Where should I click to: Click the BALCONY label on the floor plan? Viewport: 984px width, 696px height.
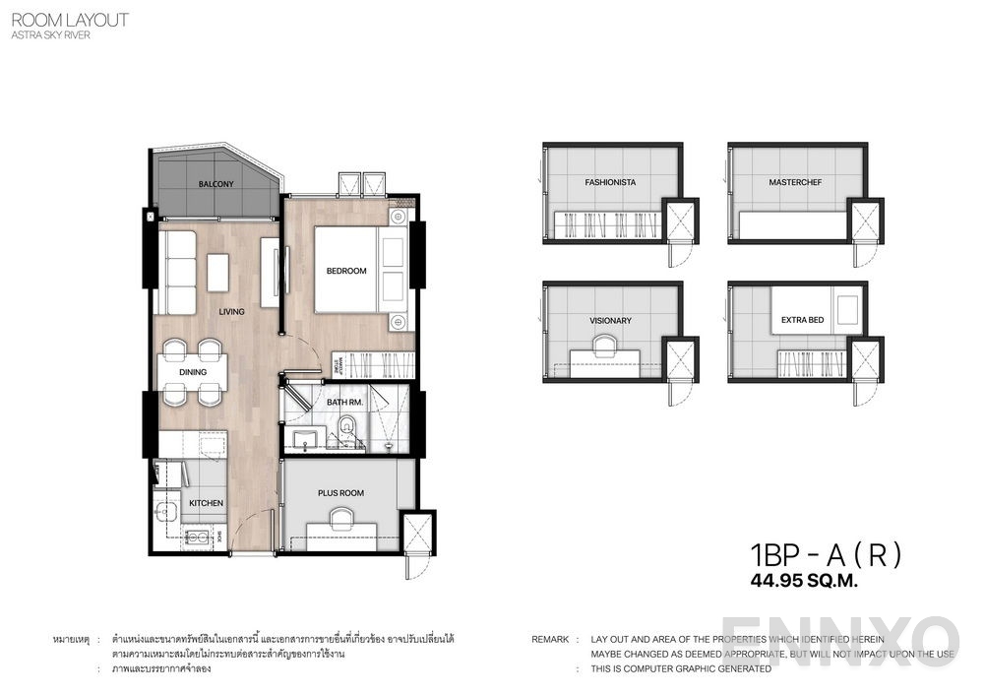pos(214,184)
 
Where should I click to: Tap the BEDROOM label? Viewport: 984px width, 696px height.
pos(346,271)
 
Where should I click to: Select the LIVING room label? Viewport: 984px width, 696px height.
pos(232,312)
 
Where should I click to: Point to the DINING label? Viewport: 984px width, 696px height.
pos(194,372)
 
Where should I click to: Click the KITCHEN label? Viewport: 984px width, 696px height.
pos(206,503)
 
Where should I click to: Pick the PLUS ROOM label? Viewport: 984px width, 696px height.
pos(340,492)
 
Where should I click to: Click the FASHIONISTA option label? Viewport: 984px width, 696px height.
pos(610,182)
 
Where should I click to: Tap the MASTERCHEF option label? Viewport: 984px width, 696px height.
pos(795,182)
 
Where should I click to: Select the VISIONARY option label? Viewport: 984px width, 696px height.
pos(610,320)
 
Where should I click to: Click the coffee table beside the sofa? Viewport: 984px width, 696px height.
pos(217,272)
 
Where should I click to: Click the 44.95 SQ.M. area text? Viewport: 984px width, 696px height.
pos(804,581)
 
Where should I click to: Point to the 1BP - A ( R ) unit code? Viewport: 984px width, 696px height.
pos(825,554)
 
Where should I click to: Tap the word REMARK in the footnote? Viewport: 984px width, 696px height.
pos(549,640)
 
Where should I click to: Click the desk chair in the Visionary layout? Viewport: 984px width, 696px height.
pos(602,342)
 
